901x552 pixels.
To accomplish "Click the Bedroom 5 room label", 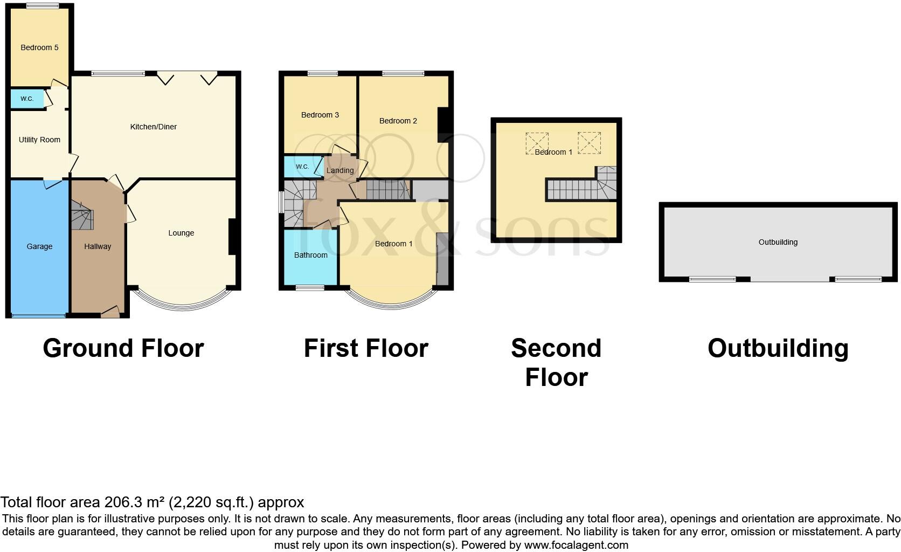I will click(x=39, y=47).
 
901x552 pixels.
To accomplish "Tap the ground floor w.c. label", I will click(x=27, y=99).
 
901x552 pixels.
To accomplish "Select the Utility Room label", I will click(x=39, y=140).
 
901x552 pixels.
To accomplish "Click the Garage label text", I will click(x=39, y=246).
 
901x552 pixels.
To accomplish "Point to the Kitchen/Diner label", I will click(x=154, y=127).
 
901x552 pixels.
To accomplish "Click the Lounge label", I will click(x=181, y=233).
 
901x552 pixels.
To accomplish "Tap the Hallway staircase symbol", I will click(x=82, y=216).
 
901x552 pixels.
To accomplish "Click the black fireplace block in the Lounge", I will click(x=232, y=236).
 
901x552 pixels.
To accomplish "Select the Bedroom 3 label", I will click(x=320, y=115).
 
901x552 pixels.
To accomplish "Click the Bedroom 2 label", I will click(x=398, y=121).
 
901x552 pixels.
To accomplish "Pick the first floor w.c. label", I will click(x=302, y=167).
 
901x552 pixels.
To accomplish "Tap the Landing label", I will click(x=340, y=170).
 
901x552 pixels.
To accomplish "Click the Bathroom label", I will click(x=311, y=255).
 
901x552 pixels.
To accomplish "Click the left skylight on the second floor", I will click(x=537, y=143).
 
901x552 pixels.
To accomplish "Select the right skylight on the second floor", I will click(x=589, y=143).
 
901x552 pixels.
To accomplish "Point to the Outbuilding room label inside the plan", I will click(x=778, y=242).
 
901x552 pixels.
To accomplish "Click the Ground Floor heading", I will click(x=123, y=348).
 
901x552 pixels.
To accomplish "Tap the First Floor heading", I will click(x=366, y=348).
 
